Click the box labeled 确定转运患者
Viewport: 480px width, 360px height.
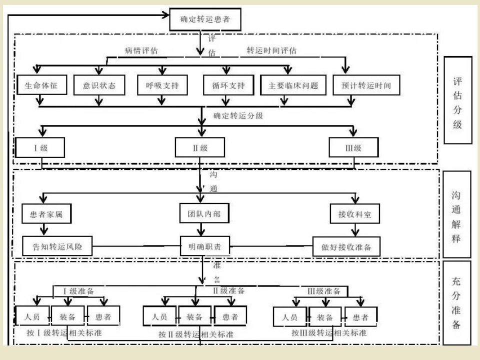point(203,20)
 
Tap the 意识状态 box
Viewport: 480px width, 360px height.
point(98,85)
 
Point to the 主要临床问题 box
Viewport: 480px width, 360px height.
point(293,85)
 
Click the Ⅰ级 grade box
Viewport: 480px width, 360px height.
point(40,147)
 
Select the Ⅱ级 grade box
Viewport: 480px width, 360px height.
point(200,147)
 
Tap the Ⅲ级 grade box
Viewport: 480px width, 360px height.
point(353,147)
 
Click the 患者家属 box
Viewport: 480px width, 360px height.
point(46,214)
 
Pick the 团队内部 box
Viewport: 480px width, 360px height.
point(200,214)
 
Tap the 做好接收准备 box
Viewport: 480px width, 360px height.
point(346,246)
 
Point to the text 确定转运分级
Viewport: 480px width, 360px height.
point(238,115)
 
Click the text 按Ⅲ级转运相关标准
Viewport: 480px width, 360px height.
point(329,332)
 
